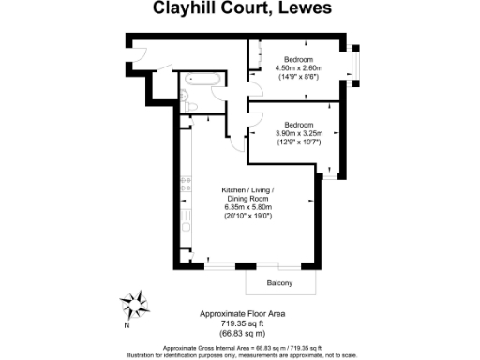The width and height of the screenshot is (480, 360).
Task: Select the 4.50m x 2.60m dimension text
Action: (298, 68)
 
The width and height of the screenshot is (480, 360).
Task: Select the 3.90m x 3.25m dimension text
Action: (298, 133)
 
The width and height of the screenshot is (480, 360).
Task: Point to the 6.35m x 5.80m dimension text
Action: (247, 207)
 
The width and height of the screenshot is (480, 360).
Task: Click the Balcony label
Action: (279, 283)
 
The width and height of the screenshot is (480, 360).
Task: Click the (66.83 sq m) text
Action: (242, 333)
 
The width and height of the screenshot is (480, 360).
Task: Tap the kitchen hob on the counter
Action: (185, 179)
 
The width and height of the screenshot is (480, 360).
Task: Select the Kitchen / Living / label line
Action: (247, 189)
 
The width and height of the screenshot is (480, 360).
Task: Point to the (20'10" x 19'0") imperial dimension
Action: (247, 217)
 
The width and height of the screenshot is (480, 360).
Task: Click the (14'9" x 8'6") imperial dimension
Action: (298, 78)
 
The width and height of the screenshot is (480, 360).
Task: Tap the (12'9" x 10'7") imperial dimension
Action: (298, 142)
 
